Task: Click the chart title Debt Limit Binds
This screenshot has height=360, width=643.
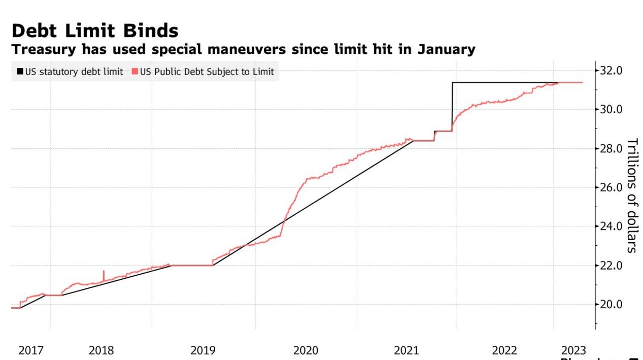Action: [95, 31]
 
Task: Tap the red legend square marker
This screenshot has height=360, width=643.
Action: [135, 72]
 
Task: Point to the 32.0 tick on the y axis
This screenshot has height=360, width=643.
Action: [611, 70]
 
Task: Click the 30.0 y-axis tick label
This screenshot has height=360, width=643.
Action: [611, 109]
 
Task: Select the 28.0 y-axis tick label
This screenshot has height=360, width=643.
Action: [611, 148]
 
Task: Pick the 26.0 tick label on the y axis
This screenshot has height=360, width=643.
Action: [611, 187]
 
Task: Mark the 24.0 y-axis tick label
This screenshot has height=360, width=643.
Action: [611, 226]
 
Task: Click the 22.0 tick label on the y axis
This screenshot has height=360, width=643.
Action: [611, 266]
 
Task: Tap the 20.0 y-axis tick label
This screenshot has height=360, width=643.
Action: [611, 305]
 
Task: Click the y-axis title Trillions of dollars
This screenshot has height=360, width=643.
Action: [632, 195]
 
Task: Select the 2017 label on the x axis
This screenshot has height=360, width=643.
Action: [31, 350]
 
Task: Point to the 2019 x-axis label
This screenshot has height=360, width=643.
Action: [203, 350]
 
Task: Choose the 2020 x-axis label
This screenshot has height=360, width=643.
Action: [306, 350]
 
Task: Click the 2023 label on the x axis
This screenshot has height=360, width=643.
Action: [573, 350]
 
